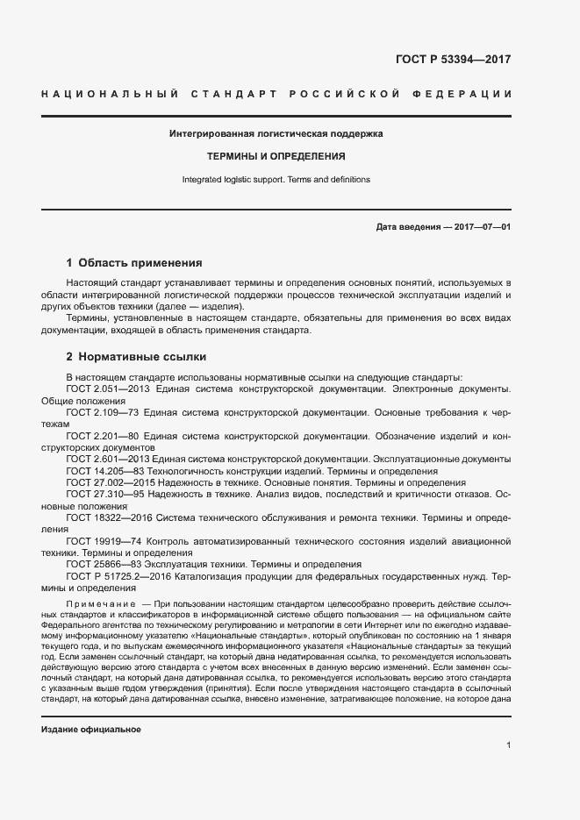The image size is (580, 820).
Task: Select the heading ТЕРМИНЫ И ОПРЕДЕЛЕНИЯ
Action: point(276,157)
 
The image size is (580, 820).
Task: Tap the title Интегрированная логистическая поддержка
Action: point(276,134)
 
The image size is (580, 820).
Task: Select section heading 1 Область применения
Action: point(134,262)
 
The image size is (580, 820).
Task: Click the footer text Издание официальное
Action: point(91,730)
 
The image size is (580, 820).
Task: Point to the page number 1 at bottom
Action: point(508,745)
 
